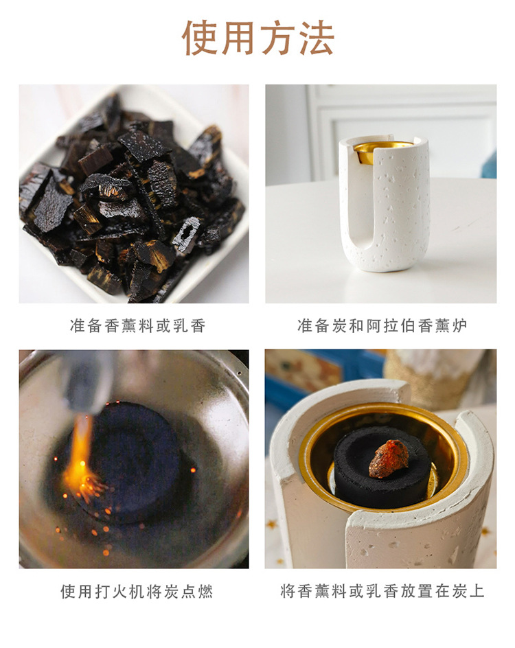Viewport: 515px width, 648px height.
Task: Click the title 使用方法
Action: coord(257,38)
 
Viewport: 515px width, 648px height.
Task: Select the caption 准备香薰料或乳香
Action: coord(137,325)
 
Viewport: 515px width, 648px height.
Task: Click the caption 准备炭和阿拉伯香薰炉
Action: coord(382,325)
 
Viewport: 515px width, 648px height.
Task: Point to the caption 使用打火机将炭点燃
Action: coord(137,591)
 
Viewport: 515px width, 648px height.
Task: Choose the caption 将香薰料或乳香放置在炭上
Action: coord(382,591)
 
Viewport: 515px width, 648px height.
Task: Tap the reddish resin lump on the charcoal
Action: coord(389,458)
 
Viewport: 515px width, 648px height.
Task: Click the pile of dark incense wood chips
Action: coord(130,196)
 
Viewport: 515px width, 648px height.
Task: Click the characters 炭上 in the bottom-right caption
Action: coord(468,591)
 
